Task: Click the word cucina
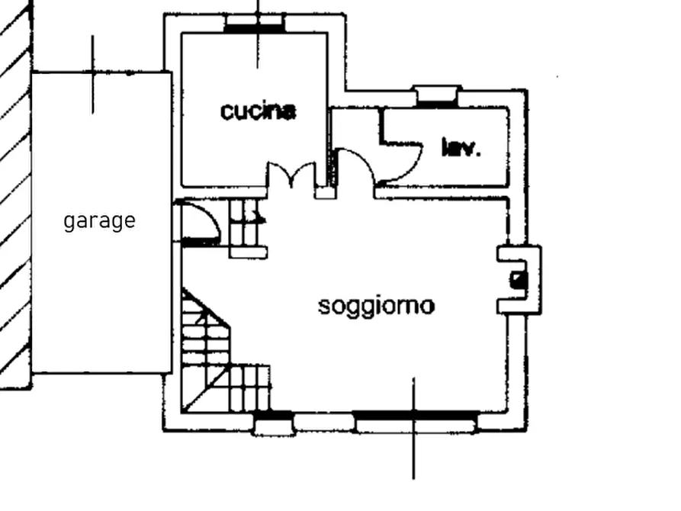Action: coord(259,111)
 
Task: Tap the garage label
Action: coord(99,221)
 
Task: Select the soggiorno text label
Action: coord(376,307)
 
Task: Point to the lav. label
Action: coord(461,148)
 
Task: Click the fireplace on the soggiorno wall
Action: coord(519,280)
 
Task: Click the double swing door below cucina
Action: coord(291,175)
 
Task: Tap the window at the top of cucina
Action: coord(255,23)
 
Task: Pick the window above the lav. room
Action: coord(437,96)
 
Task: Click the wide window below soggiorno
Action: coord(416,422)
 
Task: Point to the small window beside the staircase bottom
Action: coord(274,423)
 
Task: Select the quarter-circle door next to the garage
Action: coord(198,223)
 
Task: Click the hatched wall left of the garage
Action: coord(16,195)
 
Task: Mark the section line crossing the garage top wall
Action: coord(92,75)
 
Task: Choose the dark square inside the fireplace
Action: coord(518,280)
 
